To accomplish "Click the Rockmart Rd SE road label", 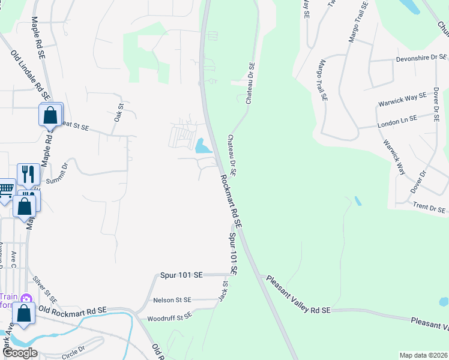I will (231, 201).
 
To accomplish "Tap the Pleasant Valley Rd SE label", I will (299, 295).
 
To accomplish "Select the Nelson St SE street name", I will (172, 299).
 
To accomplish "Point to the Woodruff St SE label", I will (170, 316).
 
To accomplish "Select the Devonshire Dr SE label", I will (421, 58).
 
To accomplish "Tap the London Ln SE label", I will (405, 121).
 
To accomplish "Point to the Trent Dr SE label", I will (430, 208).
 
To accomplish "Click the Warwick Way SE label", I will (402, 99).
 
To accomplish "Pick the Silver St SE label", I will (45, 290).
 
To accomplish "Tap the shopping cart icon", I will (5, 189).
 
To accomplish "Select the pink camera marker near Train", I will (25, 298).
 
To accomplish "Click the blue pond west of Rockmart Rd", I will (202, 145).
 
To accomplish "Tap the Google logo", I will (20, 353).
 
